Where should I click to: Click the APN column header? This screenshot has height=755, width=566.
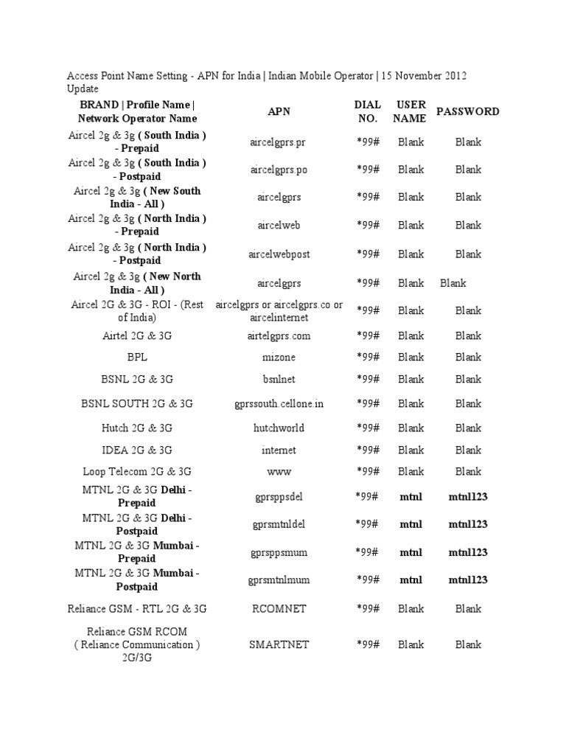tap(279, 111)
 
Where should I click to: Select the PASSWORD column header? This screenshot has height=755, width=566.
tap(467, 111)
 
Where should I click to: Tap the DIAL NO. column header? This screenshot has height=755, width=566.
tap(367, 111)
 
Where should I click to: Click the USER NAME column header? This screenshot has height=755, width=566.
tap(410, 111)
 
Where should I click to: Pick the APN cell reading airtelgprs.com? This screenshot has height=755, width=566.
tap(279, 336)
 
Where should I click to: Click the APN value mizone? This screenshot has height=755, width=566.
tap(279, 358)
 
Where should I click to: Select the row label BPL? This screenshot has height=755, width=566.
tap(137, 358)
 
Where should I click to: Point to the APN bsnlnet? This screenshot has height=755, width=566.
tap(279, 379)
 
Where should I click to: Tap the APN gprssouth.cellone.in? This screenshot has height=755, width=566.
tap(279, 404)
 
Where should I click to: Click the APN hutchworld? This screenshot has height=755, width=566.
tap(279, 428)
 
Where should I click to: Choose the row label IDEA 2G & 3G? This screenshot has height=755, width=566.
tap(137, 450)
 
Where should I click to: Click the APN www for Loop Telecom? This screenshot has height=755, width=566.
tap(279, 471)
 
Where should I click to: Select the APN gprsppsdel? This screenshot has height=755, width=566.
tap(279, 497)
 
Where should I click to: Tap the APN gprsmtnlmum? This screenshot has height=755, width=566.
tap(279, 580)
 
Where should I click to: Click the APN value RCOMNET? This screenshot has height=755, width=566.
tap(279, 609)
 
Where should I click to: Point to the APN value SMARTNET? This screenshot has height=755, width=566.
tap(279, 644)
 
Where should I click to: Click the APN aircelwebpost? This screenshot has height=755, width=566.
tap(279, 254)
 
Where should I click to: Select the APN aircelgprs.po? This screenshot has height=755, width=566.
tap(279, 170)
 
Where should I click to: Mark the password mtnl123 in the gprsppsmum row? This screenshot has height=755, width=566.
tap(468, 552)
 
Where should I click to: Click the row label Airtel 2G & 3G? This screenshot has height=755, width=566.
tap(137, 336)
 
